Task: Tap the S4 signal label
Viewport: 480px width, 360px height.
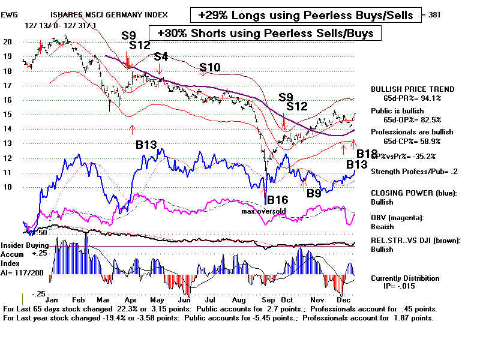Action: pos(161,57)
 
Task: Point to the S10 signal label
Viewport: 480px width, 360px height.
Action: pos(211,68)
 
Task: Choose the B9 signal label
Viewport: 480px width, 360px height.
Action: pos(314,193)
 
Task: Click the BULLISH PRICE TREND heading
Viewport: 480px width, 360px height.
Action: pos(412,89)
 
